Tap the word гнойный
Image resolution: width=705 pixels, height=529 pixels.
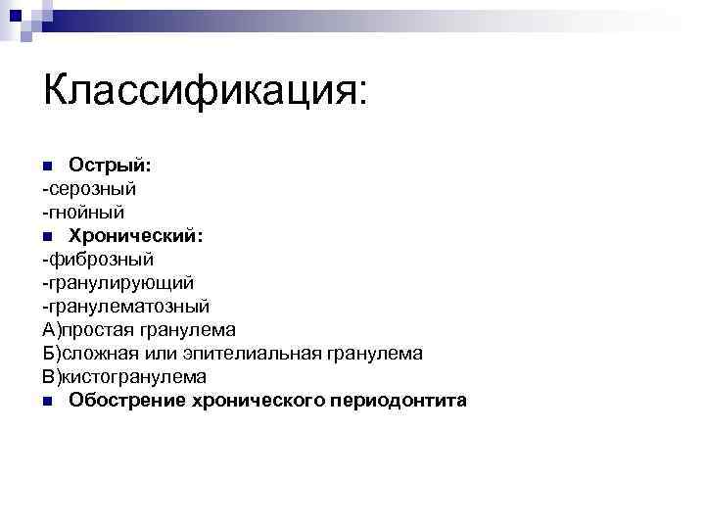pyautogui.click(x=87, y=212)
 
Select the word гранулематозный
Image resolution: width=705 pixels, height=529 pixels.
pyautogui.click(x=130, y=307)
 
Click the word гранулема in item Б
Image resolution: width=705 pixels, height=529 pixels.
pyautogui.click(x=377, y=354)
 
